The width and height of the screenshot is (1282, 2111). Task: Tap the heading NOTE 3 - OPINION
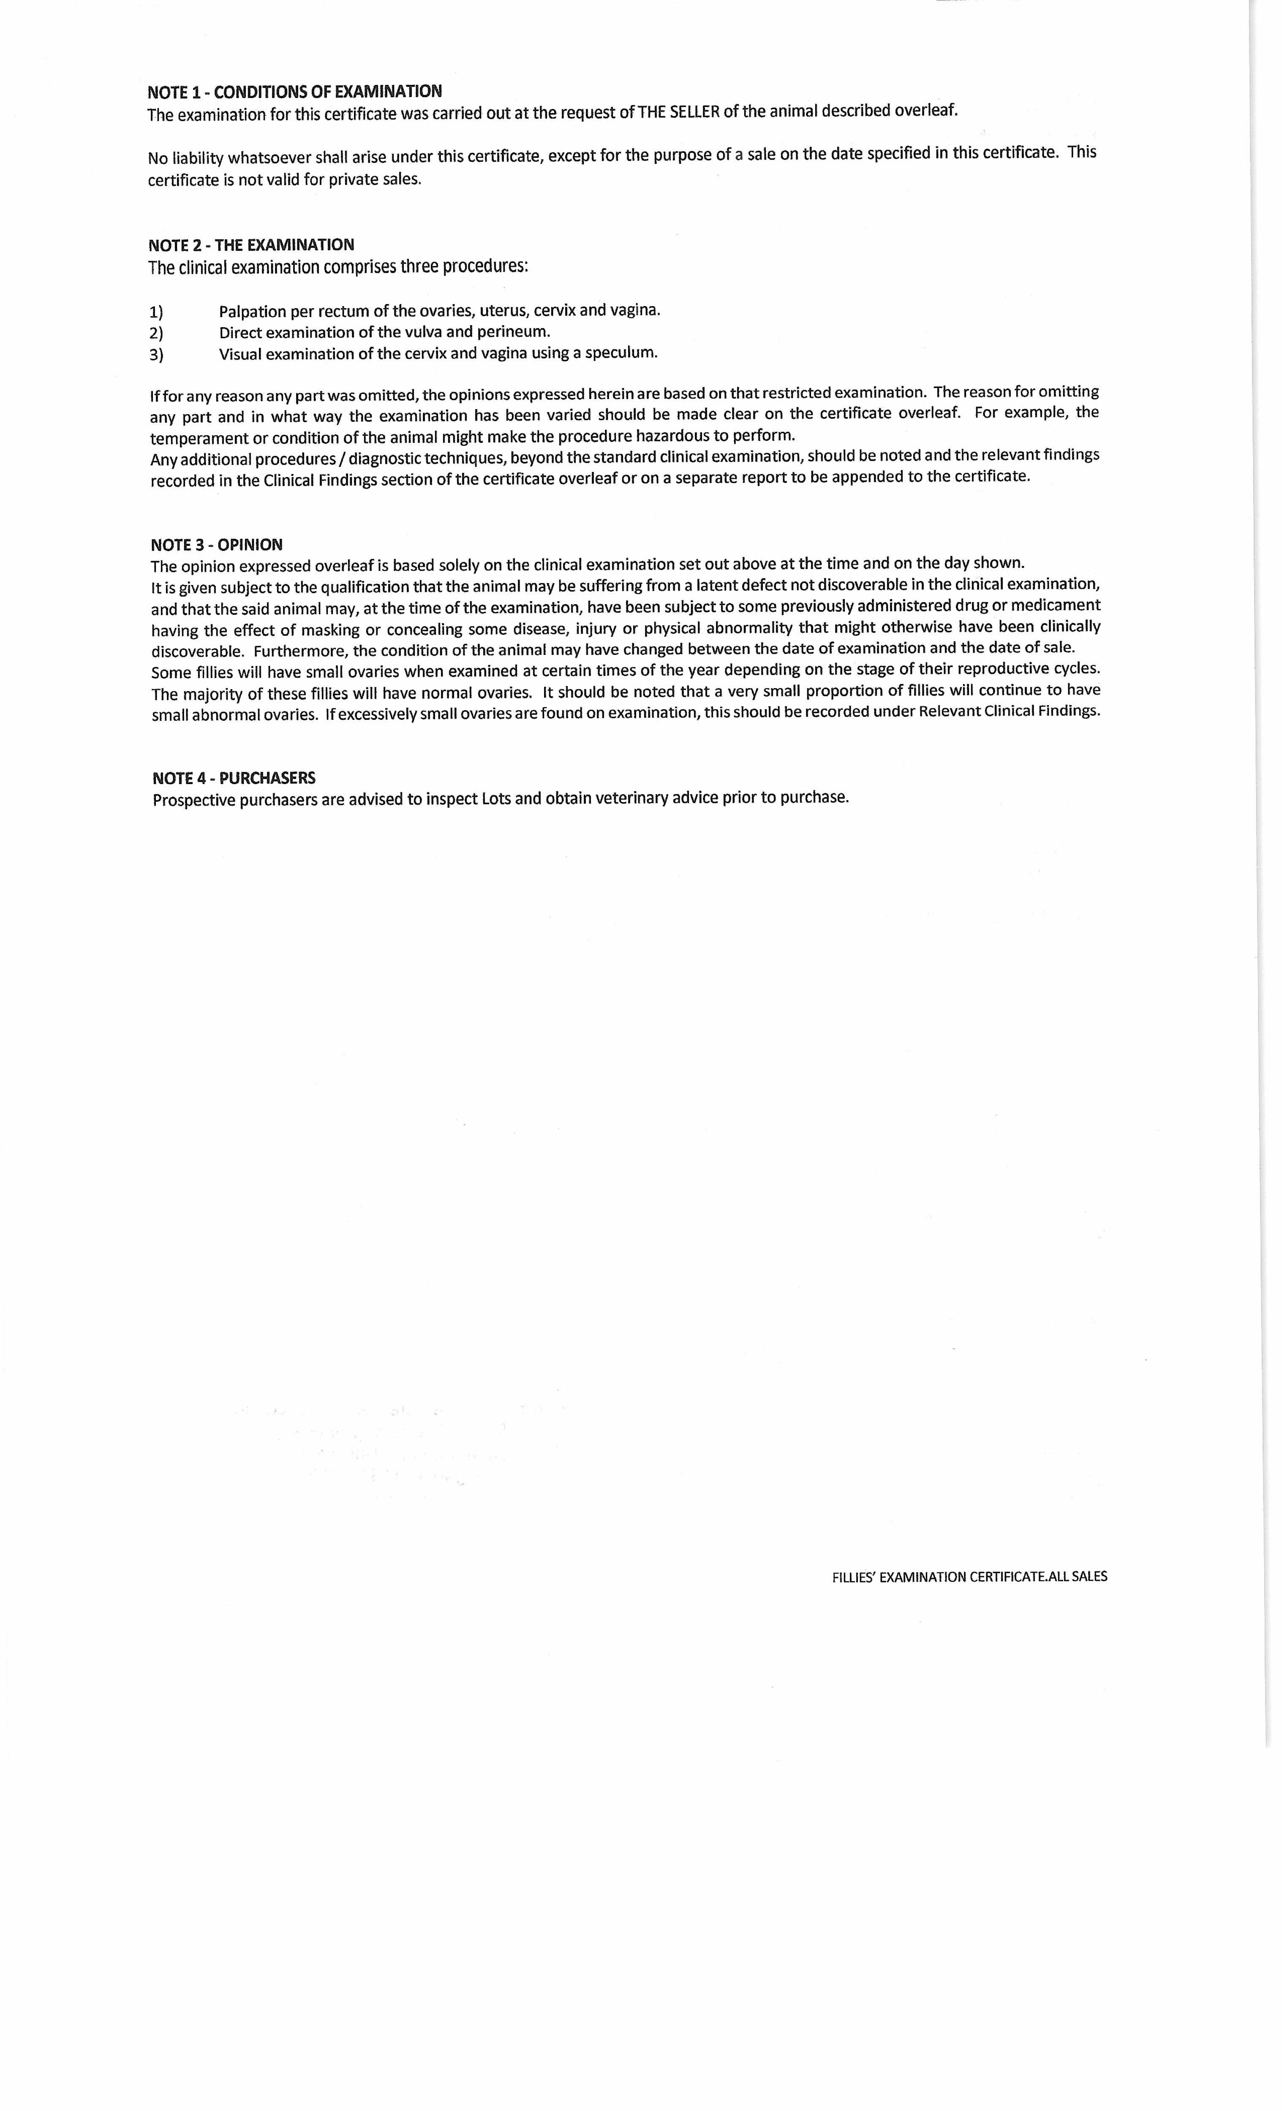coord(217,545)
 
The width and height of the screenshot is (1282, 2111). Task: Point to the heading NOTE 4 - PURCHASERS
coord(234,778)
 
